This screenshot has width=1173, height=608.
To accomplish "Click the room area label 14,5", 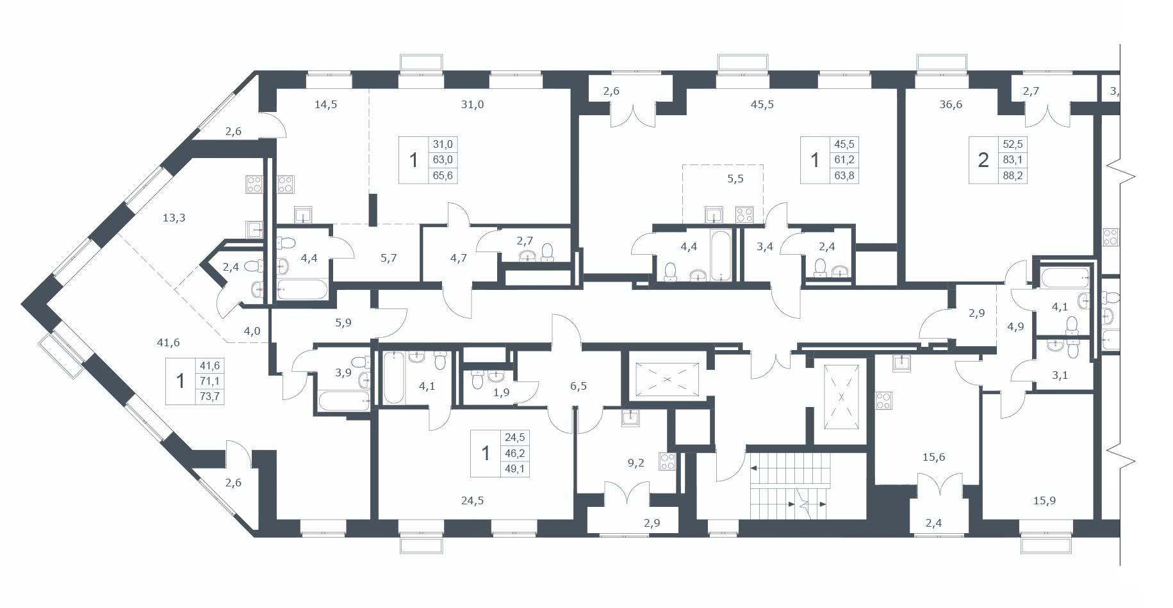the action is point(326,104).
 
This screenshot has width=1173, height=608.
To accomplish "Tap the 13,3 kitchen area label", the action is point(174,218).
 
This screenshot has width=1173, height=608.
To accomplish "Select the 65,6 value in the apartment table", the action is point(443,175).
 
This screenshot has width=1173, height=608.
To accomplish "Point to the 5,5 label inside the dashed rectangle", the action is point(735,179).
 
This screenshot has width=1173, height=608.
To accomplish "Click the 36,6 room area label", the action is point(951,104).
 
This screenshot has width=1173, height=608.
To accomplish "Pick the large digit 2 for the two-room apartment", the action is point(983,159).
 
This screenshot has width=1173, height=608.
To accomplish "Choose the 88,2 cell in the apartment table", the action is point(1013,175).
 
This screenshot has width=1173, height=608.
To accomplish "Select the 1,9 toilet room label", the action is point(502,392).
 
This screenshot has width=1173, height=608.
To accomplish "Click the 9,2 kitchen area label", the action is point(636,463).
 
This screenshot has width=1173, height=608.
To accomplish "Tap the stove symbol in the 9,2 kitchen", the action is point(667,461).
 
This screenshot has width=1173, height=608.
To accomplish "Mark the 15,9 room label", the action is point(1044,500).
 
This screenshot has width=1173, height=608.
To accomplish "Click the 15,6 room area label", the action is point(933,457).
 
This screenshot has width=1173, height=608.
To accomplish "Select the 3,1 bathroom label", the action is point(1060,375).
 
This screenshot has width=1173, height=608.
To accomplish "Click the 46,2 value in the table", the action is point(515,453).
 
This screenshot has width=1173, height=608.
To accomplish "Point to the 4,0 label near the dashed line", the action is point(252,331).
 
